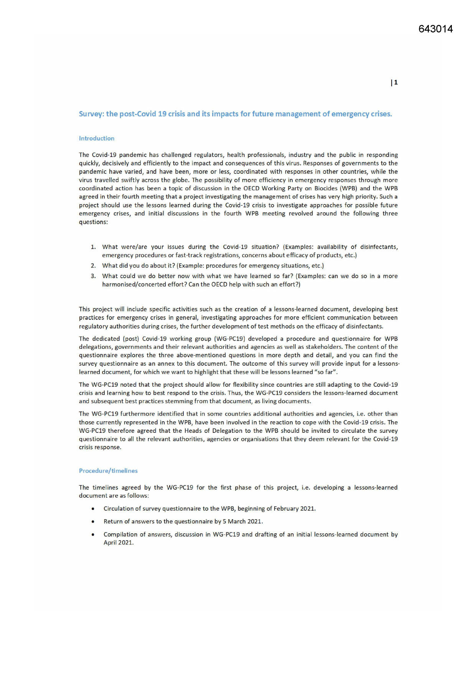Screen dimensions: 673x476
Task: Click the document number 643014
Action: click(435, 29)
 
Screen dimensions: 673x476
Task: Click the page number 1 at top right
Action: click(395, 82)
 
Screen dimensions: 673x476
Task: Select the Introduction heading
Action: click(97, 139)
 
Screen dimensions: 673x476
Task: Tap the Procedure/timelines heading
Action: click(108, 471)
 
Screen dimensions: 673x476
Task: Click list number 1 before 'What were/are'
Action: click(93, 247)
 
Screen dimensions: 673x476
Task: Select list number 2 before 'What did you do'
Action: click(93, 266)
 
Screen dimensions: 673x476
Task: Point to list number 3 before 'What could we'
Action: click(93, 276)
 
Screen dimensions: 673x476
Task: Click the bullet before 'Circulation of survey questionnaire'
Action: click(93, 509)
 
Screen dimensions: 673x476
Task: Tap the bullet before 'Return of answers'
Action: click(93, 522)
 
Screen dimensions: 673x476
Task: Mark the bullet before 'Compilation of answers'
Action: click(93, 535)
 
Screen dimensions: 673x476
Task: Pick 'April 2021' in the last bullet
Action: click(118, 543)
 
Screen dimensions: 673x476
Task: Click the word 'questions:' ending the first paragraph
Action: click(93, 222)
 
